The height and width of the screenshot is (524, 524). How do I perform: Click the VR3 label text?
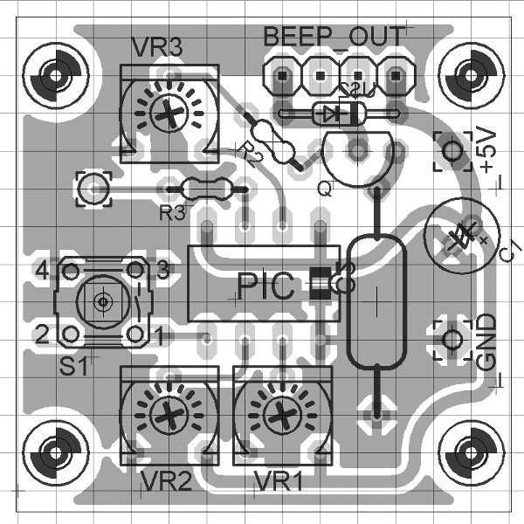157,47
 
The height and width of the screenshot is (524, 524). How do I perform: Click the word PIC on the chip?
266,286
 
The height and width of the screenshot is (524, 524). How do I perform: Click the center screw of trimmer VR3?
166,111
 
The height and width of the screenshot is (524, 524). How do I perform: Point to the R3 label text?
172,211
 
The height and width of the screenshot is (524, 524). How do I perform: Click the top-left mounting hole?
58,75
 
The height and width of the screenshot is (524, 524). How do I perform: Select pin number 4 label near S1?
39,270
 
